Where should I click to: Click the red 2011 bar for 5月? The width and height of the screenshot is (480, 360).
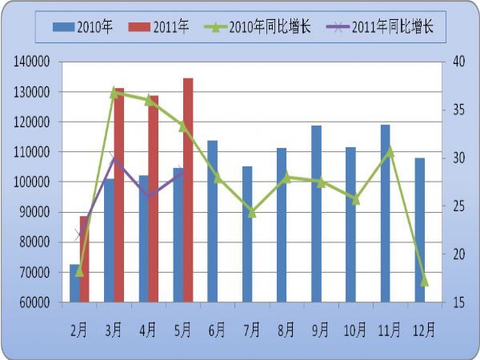pos(188,190)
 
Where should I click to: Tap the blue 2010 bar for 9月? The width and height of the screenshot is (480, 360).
pos(316,214)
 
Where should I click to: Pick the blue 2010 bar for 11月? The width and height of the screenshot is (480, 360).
pos(385,214)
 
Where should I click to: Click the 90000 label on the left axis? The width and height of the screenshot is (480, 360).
pos(35,212)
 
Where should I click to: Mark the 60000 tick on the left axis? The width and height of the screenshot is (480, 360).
pos(35,302)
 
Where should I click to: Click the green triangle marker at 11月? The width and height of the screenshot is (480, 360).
pos(390,150)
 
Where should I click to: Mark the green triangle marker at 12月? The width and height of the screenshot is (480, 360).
pos(424,281)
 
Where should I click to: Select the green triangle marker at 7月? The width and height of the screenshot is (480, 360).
pos(251,212)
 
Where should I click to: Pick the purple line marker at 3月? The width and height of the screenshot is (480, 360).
pos(114,158)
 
